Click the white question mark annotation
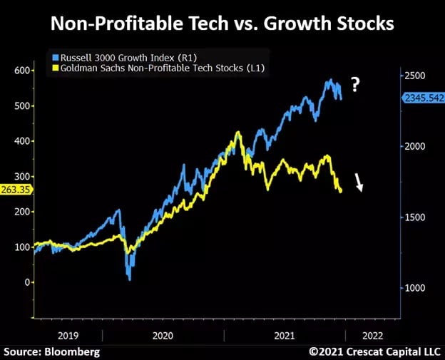(355, 86)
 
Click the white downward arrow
(360, 184)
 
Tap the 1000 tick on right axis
(415, 288)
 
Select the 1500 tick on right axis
(415, 217)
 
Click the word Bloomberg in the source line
(73, 351)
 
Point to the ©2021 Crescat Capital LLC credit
(374, 351)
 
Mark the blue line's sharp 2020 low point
(130, 279)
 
